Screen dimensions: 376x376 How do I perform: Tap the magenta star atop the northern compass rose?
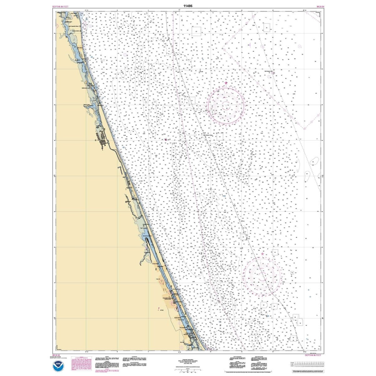(226, 83)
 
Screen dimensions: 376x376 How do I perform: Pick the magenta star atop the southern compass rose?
(262, 254)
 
